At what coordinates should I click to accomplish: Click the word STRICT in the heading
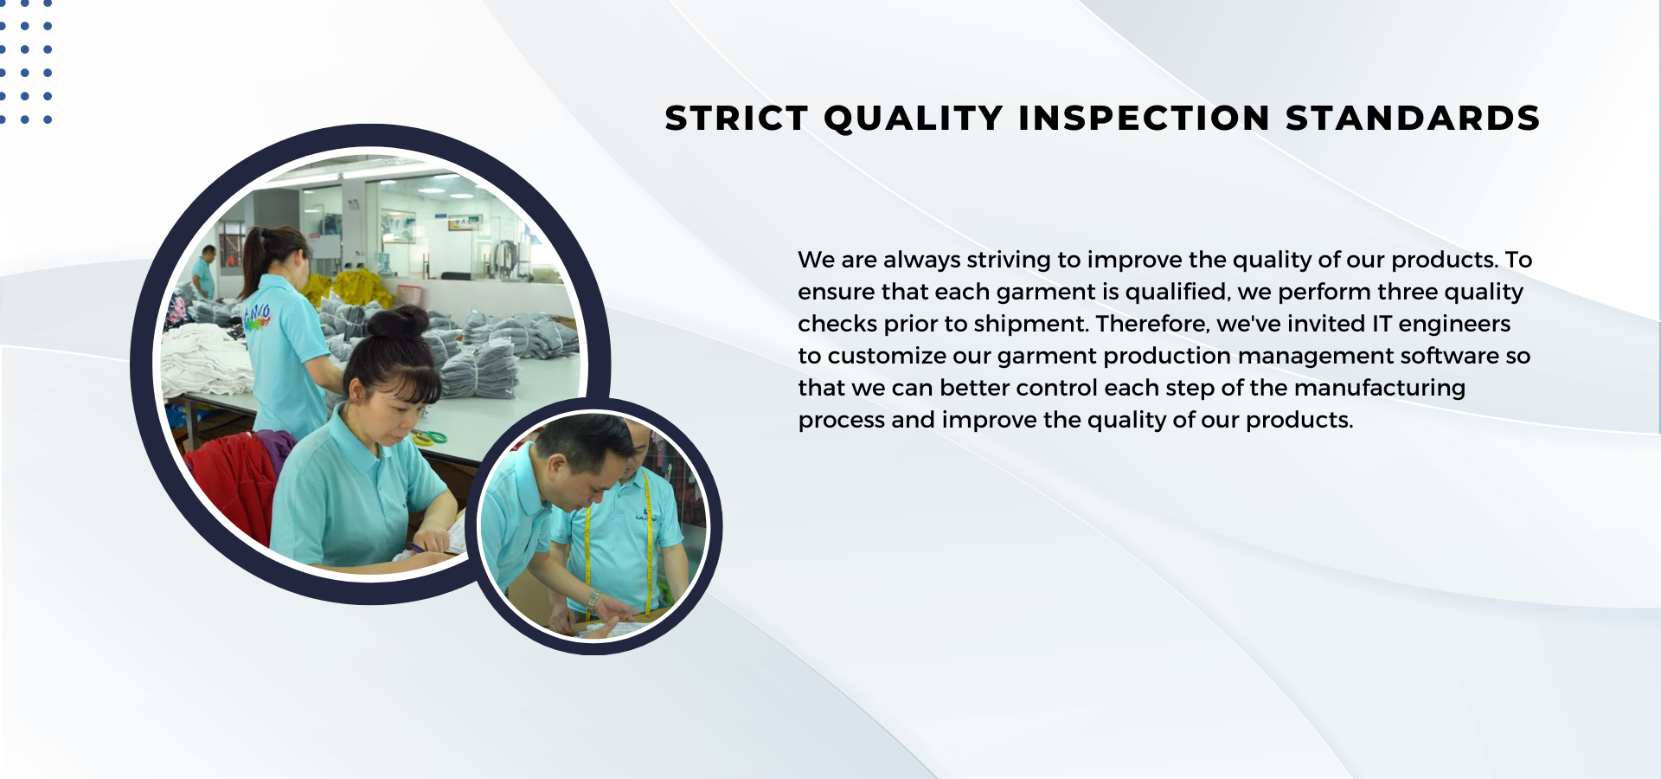coord(736,119)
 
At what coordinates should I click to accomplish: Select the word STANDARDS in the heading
coord(1413,119)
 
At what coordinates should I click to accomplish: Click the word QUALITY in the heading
coord(914,119)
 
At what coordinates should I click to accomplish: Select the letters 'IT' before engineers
coord(1382,324)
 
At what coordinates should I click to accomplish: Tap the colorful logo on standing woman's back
coord(257,316)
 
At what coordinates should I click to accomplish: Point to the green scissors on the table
coord(430,437)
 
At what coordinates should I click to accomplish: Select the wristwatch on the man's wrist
coord(593,599)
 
